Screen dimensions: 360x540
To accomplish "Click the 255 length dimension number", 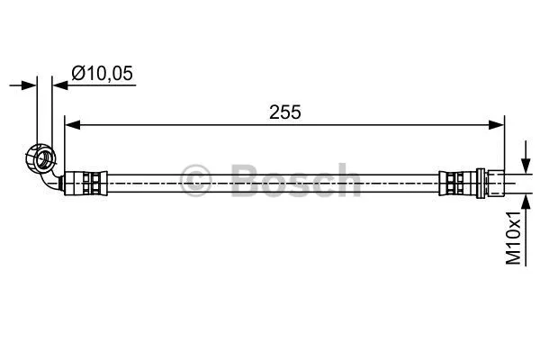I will coord(284,112).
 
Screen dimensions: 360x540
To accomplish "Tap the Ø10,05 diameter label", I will coord(103,75).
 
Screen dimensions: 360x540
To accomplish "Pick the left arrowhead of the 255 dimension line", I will coord(73,125).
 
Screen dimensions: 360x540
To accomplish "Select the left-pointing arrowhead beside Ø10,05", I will coord(59,86).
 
